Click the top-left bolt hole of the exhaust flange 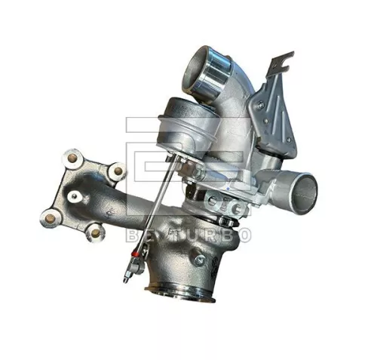point(72,158)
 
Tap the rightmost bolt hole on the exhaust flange point(117,171)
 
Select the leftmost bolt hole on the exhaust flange point(50,219)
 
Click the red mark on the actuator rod point(138,266)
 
